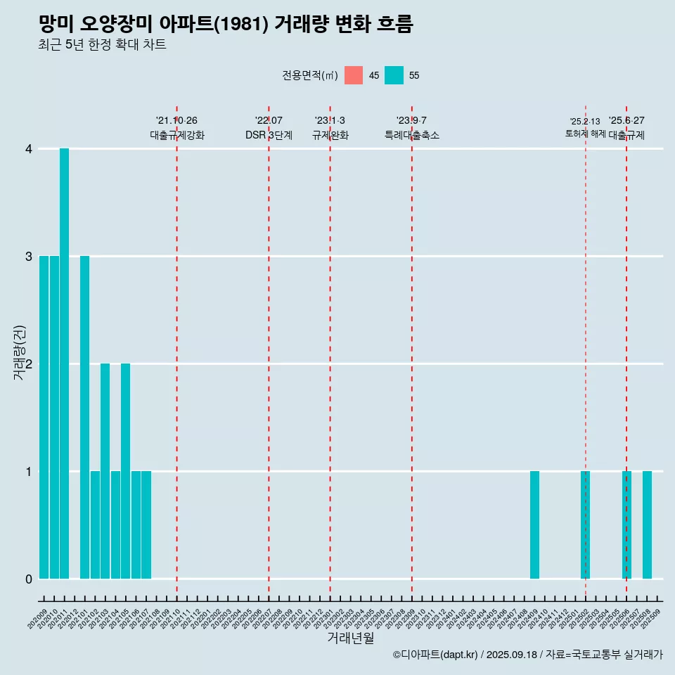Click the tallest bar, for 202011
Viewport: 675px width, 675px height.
64,364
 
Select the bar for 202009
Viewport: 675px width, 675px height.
44,417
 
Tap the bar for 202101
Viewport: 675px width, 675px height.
84,417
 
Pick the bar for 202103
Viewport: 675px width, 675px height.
105,471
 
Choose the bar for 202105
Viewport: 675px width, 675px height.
125,471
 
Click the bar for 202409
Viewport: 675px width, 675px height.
534,525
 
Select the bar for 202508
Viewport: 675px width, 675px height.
647,525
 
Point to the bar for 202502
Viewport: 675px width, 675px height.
585,525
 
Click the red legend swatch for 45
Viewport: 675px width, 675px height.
354,75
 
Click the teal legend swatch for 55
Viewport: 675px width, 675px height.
394,75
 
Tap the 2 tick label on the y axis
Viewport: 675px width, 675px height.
29,364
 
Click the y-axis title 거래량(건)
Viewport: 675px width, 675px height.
20,352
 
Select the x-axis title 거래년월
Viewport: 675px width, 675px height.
350,638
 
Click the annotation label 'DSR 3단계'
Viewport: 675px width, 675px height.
269,135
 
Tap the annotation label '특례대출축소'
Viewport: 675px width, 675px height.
411,135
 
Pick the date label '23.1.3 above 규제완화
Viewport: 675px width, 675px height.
330,121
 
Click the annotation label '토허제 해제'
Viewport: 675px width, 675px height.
585,134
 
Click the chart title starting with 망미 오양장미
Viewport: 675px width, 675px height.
226,24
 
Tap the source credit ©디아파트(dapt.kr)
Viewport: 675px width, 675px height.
435,655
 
